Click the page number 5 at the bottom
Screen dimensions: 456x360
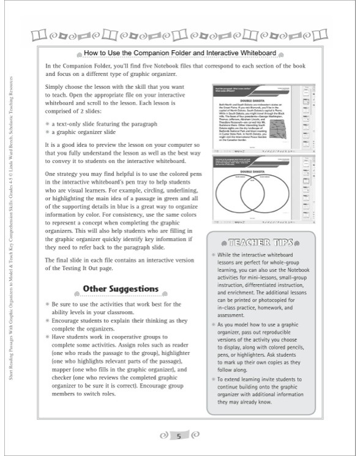[179, 436]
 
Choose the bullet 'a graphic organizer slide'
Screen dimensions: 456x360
[86, 132]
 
